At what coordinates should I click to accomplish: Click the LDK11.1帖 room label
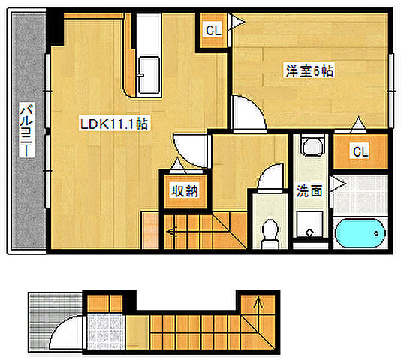114,124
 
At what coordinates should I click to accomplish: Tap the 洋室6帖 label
309,70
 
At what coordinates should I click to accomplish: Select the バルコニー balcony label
27,130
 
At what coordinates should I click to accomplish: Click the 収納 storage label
185,191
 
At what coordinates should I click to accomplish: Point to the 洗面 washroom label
309,191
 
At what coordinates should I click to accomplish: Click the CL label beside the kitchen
213,31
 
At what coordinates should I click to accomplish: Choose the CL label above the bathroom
360,151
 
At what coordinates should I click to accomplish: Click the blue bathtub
360,233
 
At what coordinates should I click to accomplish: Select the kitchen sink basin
149,75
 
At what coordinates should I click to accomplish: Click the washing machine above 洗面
312,147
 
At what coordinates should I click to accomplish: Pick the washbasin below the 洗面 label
309,224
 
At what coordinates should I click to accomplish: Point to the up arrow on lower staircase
258,302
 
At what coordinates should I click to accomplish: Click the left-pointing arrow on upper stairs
172,232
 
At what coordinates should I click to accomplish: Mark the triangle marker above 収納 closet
177,164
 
